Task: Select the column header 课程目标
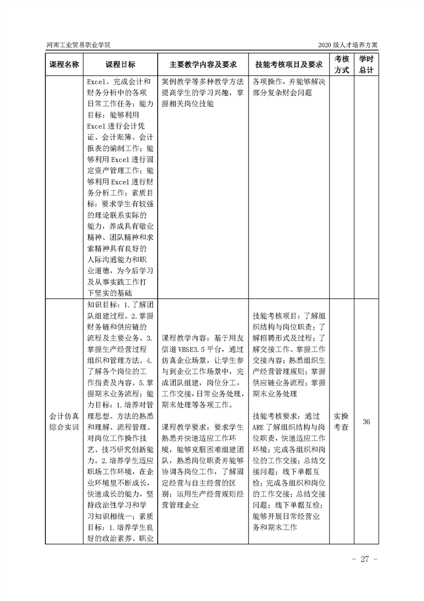coord(120,65)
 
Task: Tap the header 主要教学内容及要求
coord(199,65)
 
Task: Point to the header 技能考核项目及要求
coord(289,65)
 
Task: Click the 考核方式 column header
coord(342,64)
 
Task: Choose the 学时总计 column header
coord(366,64)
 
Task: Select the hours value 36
coord(366,422)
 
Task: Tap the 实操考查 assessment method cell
coord(342,422)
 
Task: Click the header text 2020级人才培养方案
coord(348,44)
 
